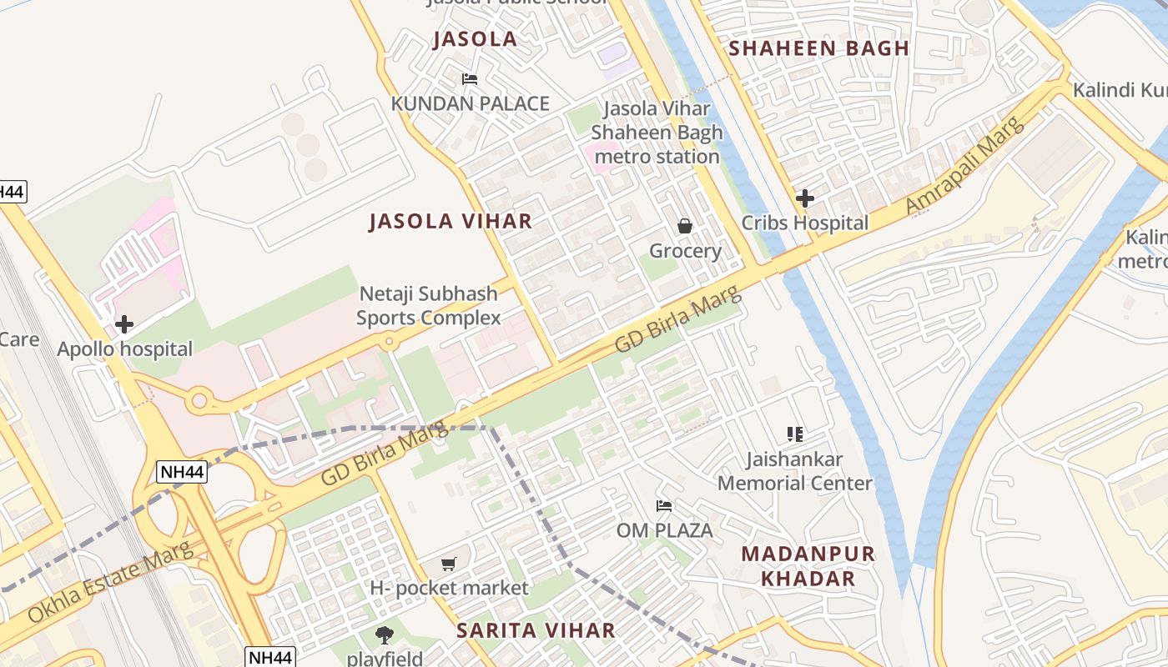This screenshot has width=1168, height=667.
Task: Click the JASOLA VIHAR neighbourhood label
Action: pyautogui.click(x=451, y=221)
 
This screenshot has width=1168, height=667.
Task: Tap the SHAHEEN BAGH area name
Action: pyautogui.click(x=818, y=48)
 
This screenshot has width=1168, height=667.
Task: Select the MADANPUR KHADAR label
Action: pyautogui.click(x=808, y=566)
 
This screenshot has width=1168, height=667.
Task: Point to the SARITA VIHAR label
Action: pyautogui.click(x=536, y=630)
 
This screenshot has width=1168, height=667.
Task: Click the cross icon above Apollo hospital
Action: pyautogui.click(x=124, y=323)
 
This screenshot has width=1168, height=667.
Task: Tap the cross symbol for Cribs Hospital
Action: pyautogui.click(x=805, y=198)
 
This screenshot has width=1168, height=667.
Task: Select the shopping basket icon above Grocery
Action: pyautogui.click(x=685, y=226)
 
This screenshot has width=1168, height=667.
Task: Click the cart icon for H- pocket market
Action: pyautogui.click(x=449, y=564)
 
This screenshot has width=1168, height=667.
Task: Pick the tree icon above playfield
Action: pyautogui.click(x=385, y=635)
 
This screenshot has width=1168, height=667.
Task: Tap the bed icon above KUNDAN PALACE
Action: pyautogui.click(x=470, y=79)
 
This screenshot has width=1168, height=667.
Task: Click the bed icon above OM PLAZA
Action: pyautogui.click(x=664, y=505)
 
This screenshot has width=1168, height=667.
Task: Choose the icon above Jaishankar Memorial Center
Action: pyautogui.click(x=794, y=434)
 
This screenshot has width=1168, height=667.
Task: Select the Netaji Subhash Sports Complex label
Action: pyautogui.click(x=429, y=305)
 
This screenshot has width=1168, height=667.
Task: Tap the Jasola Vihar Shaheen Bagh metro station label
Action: pyautogui.click(x=657, y=133)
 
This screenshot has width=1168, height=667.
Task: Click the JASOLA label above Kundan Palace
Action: pyautogui.click(x=475, y=38)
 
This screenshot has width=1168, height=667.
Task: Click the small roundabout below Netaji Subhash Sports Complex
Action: pyautogui.click(x=389, y=342)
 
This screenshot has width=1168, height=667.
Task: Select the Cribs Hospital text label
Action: pyautogui.click(x=805, y=223)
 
